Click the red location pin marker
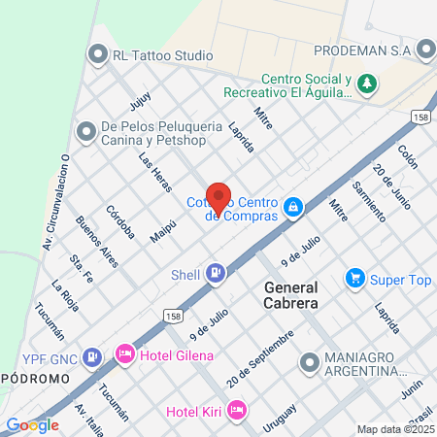click(x=218, y=197)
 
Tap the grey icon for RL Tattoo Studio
click(x=97, y=54)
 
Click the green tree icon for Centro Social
click(x=366, y=84)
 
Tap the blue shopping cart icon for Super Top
click(x=354, y=279)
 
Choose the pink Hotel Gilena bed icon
click(x=125, y=355)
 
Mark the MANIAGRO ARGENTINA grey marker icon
click(x=309, y=363)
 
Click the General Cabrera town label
click(x=304, y=295)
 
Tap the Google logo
click(x=32, y=425)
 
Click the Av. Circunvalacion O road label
click(x=54, y=198)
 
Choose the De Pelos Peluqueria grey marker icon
click(x=87, y=128)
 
